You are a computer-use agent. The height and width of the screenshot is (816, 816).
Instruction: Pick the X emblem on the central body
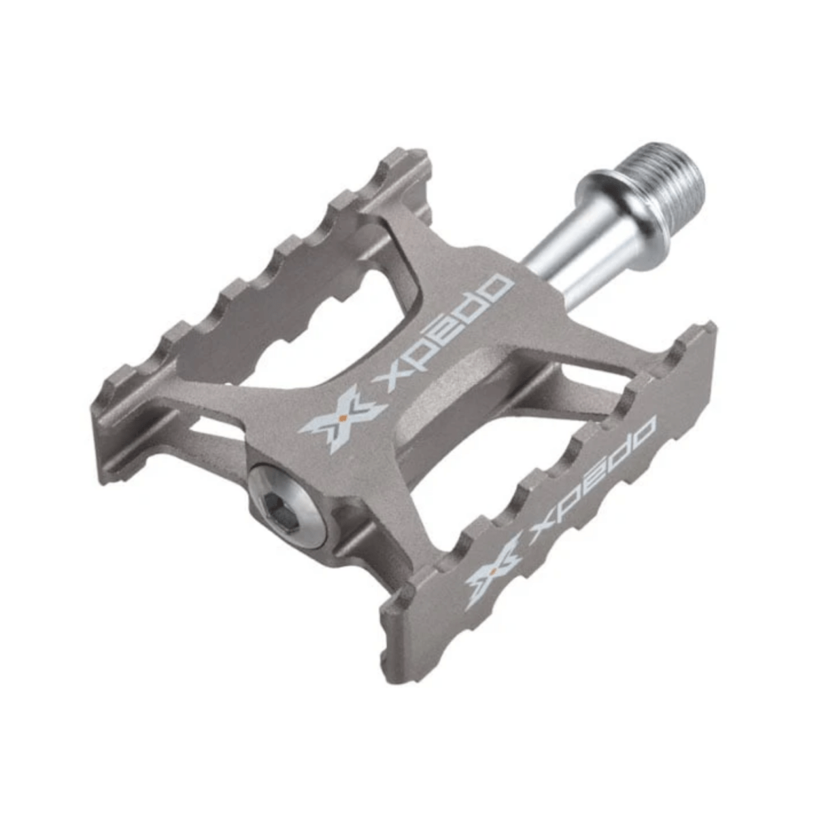[x=343, y=422]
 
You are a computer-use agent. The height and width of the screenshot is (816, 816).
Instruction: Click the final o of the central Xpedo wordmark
[x=497, y=288]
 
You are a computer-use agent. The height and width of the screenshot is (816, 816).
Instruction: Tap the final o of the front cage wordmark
[x=643, y=432]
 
